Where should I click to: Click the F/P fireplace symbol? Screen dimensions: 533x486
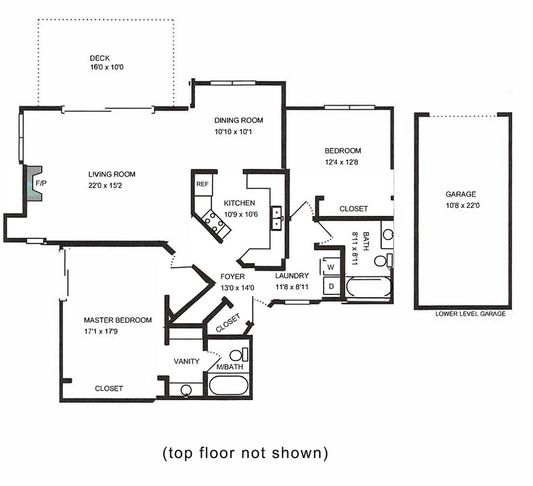coord(34,184)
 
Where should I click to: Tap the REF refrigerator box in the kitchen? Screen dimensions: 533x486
coord(203,184)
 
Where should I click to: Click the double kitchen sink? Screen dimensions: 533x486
coord(277,218)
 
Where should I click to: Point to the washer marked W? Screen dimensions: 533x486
coord(331,267)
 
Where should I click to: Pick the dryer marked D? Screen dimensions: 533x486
coord(331,287)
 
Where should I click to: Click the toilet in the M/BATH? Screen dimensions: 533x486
coord(239,355)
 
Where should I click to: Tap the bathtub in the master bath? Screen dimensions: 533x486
coord(229,385)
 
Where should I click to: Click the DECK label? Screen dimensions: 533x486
coord(99,58)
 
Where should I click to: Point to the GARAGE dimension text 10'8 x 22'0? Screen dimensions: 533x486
coord(463,205)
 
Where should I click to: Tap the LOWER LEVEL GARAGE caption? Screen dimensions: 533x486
coord(470,314)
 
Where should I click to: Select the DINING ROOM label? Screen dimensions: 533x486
coord(239,120)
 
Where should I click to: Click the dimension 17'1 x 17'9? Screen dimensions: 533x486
coord(101,331)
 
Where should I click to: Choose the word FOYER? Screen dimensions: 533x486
coord(232,277)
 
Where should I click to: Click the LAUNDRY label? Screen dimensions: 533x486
coord(292,275)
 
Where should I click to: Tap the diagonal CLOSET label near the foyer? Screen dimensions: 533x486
coord(228,323)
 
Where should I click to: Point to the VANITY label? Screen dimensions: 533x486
coord(187,361)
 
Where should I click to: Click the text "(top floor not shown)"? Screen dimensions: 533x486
coord(245,453)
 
